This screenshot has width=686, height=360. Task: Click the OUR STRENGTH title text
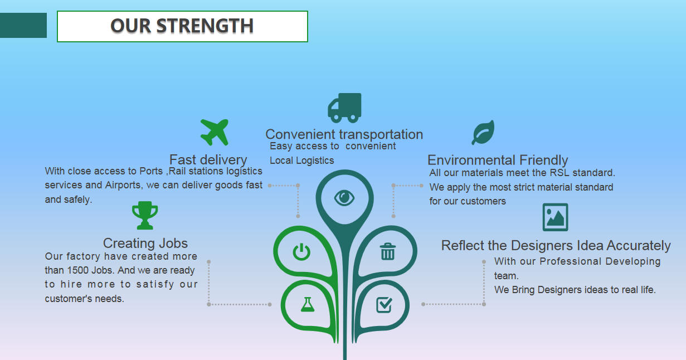(182, 26)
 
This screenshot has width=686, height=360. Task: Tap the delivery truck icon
(344, 108)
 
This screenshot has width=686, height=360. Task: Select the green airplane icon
(215, 132)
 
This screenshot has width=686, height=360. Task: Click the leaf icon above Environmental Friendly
(483, 133)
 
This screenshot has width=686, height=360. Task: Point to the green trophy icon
(145, 216)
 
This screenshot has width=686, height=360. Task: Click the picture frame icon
(555, 217)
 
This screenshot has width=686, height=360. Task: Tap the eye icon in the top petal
(344, 198)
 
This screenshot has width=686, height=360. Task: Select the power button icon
(301, 252)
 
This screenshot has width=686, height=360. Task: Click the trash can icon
(388, 251)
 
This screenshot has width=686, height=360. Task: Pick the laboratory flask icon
(308, 304)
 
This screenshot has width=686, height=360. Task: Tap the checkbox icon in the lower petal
(384, 305)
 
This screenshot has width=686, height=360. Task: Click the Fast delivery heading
(208, 159)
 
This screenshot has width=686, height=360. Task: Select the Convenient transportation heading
(344, 134)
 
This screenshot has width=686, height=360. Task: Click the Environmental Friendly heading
(498, 160)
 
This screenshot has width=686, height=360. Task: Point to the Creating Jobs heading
(145, 244)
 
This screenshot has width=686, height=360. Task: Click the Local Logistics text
(301, 160)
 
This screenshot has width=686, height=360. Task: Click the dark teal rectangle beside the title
(23, 26)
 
